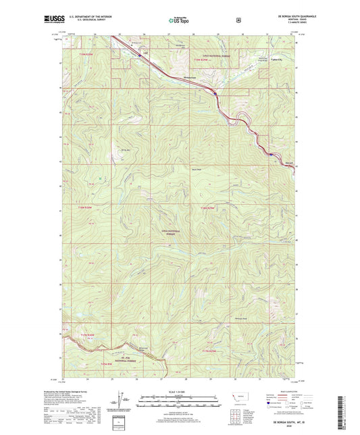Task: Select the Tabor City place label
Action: tap(277, 59)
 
